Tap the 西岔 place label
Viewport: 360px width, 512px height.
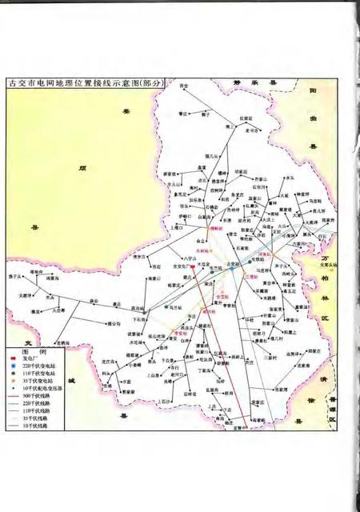(184, 86)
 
